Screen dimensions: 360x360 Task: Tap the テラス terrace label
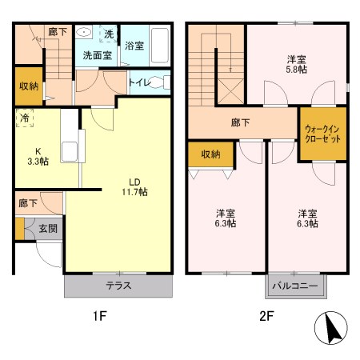tap(118, 286)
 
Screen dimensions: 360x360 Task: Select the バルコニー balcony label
tap(295, 286)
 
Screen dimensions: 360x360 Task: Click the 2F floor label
tap(266, 315)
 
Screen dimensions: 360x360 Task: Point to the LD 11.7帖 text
tap(134, 186)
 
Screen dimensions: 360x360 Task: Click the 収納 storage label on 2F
tap(210, 154)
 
